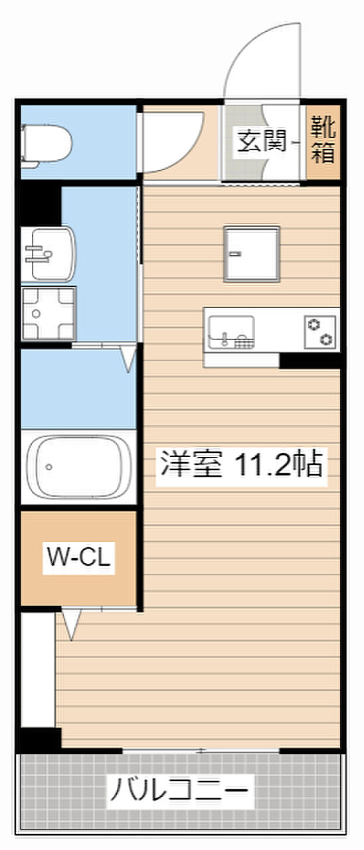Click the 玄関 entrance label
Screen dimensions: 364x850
261,141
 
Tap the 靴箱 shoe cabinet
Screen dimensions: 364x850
323,142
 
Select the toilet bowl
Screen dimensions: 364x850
46,145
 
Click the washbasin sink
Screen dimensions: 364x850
48,254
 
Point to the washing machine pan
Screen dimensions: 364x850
48,313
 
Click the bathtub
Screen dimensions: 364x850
79,467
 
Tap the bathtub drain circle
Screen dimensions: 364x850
48,467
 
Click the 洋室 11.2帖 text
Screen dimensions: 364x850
241,464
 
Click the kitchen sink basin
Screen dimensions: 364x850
230,331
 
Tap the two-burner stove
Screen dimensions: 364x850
320,331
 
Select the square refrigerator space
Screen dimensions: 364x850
252,254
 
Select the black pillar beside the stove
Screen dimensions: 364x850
310,361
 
